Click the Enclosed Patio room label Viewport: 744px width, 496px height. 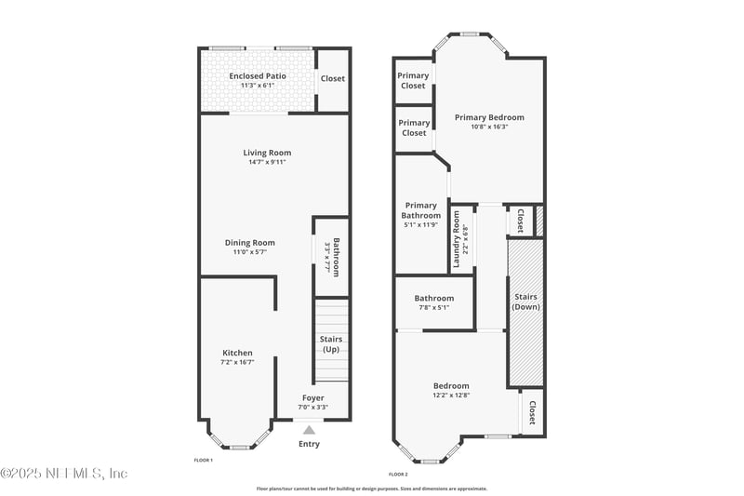coord(257,75)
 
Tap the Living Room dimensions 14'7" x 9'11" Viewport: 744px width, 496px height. coord(267,163)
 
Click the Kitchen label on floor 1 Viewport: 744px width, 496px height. coord(237,353)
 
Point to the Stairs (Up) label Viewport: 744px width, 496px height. coord(330,343)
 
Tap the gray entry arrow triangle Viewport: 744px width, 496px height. coord(309,429)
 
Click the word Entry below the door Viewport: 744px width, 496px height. coord(309,444)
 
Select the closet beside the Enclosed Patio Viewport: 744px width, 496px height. coord(332,78)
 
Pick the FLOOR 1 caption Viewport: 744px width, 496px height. coord(203,461)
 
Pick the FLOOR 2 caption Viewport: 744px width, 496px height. coord(398,474)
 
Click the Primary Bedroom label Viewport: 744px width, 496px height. coord(489,117)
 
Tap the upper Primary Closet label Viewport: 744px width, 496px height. coord(413,80)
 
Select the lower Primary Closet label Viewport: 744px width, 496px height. coord(413,127)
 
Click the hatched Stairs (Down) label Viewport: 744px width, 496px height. coord(526,302)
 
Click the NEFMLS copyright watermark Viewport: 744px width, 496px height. coord(64,474)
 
